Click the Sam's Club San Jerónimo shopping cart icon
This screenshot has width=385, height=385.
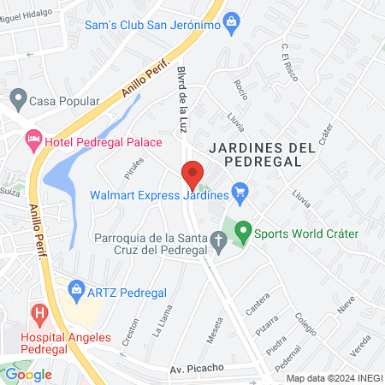point(231,25)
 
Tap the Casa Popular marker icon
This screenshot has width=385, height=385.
point(18,99)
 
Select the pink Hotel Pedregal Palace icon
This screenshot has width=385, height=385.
point(33,139)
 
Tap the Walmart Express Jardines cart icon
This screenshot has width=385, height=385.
point(240,193)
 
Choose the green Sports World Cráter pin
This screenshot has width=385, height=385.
point(243,231)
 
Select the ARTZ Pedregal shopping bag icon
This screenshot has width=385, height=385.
point(77,290)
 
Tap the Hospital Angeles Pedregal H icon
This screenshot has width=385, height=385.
point(38,313)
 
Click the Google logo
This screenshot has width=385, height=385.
point(28,374)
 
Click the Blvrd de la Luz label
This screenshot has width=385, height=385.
point(182,98)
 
